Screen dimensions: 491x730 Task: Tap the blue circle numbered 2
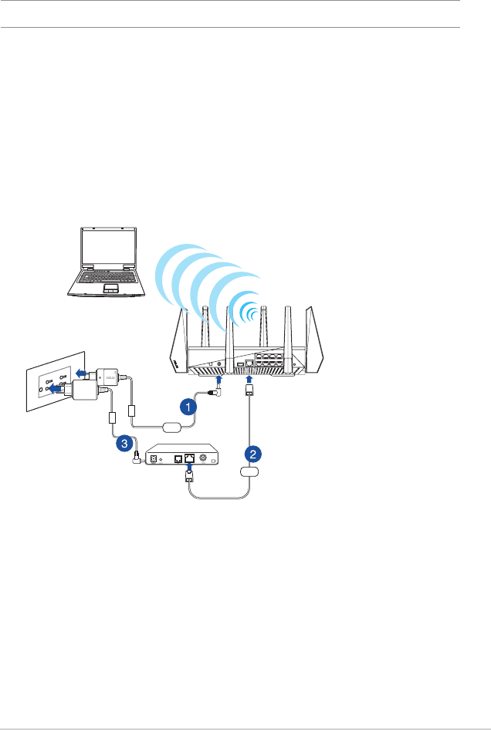coord(251,453)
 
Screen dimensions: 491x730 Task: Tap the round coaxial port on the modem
coord(205,458)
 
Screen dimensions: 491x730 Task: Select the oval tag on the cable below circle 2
coord(250,471)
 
